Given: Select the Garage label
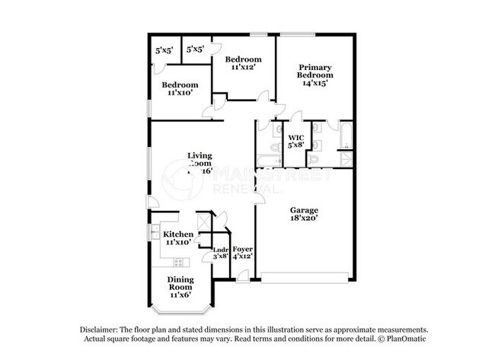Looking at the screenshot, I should coord(303,210).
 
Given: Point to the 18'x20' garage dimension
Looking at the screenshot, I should coord(303,219).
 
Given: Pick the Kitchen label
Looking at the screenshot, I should coord(178,234).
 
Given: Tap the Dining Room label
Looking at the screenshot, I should coord(181,284).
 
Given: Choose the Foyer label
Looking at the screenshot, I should coord(242,250).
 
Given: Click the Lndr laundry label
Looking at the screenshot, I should coord(220,250).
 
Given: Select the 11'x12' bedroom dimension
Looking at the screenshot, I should coord(243,67).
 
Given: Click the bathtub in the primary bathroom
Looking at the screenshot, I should coord(344,138).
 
